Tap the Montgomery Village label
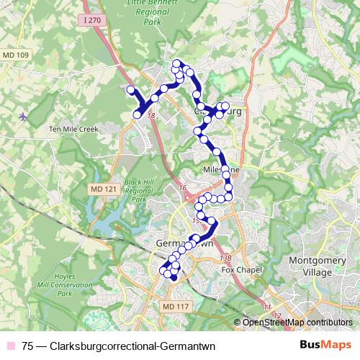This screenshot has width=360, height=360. pos(312,266)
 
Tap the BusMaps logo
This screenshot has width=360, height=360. pos(325,345)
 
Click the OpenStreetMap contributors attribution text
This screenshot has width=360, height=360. pos(297,322)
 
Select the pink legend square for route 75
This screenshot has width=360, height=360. pos(12,346)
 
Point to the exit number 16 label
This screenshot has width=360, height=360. pos(183,188)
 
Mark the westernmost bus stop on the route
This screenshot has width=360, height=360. pos(131,89)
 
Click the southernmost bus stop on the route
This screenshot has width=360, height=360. pos(174,276)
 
